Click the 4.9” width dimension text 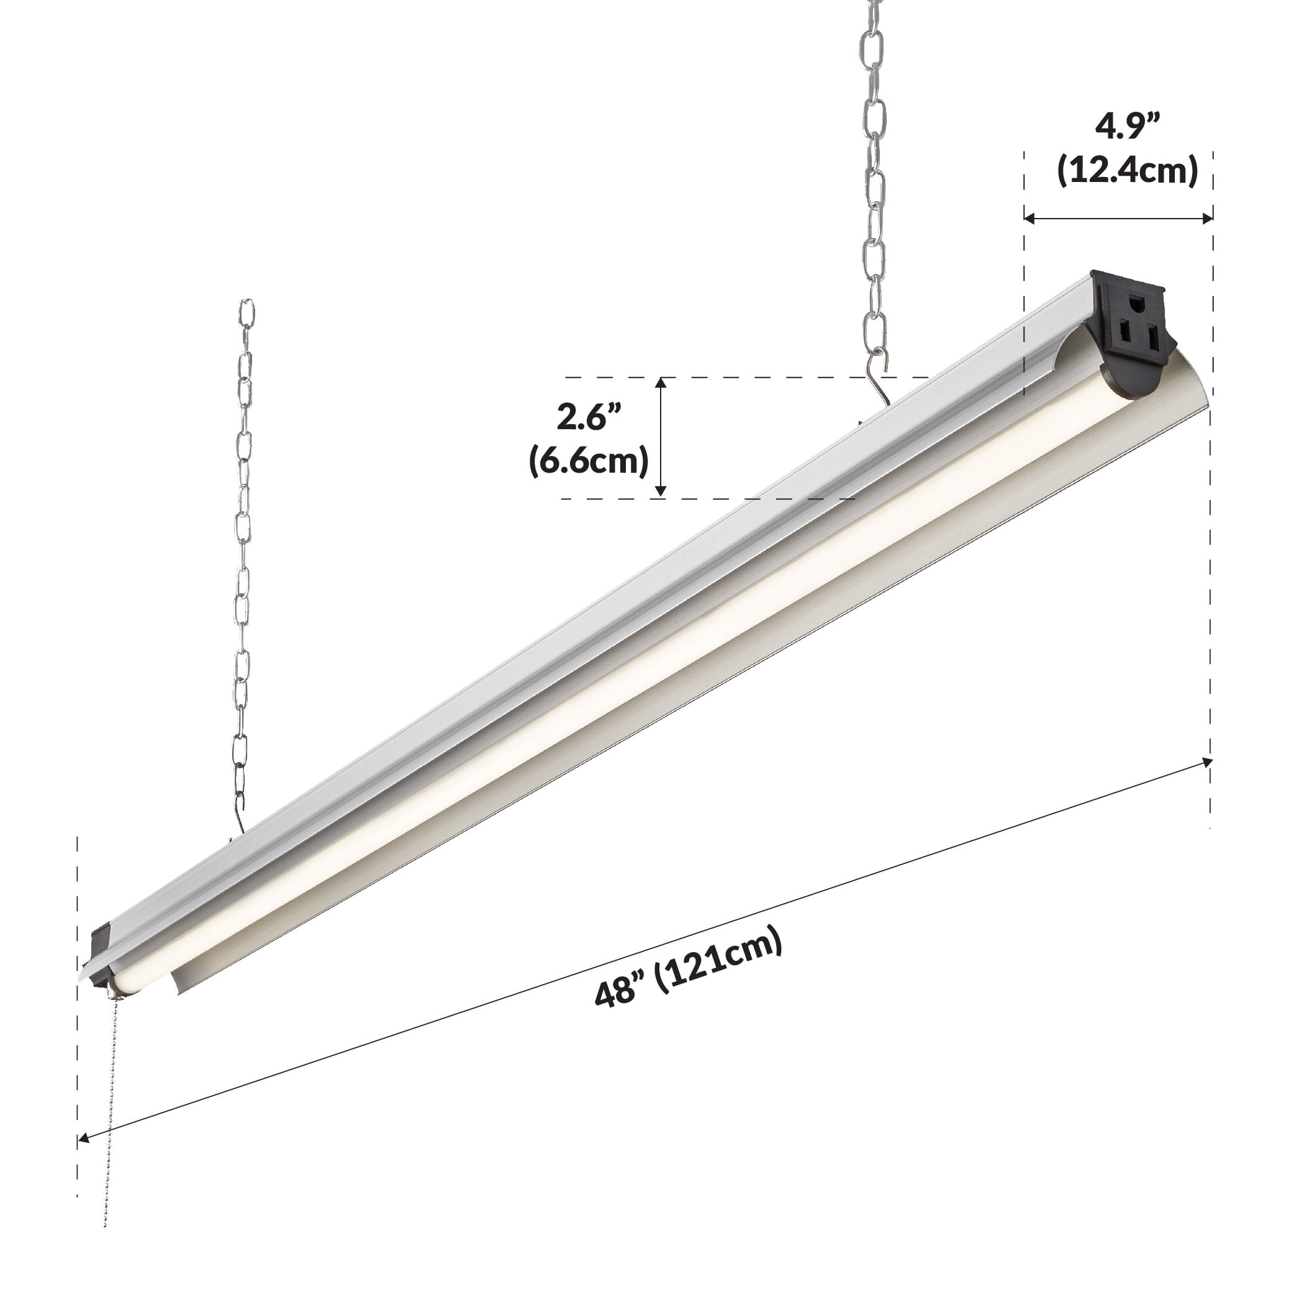pyautogui.click(x=1127, y=126)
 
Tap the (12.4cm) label pyautogui.click(x=1127, y=170)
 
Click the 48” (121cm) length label pyautogui.click(x=689, y=966)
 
